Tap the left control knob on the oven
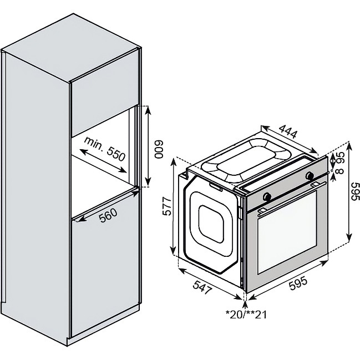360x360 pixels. [267, 196]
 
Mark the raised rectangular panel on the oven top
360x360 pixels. [242, 160]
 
